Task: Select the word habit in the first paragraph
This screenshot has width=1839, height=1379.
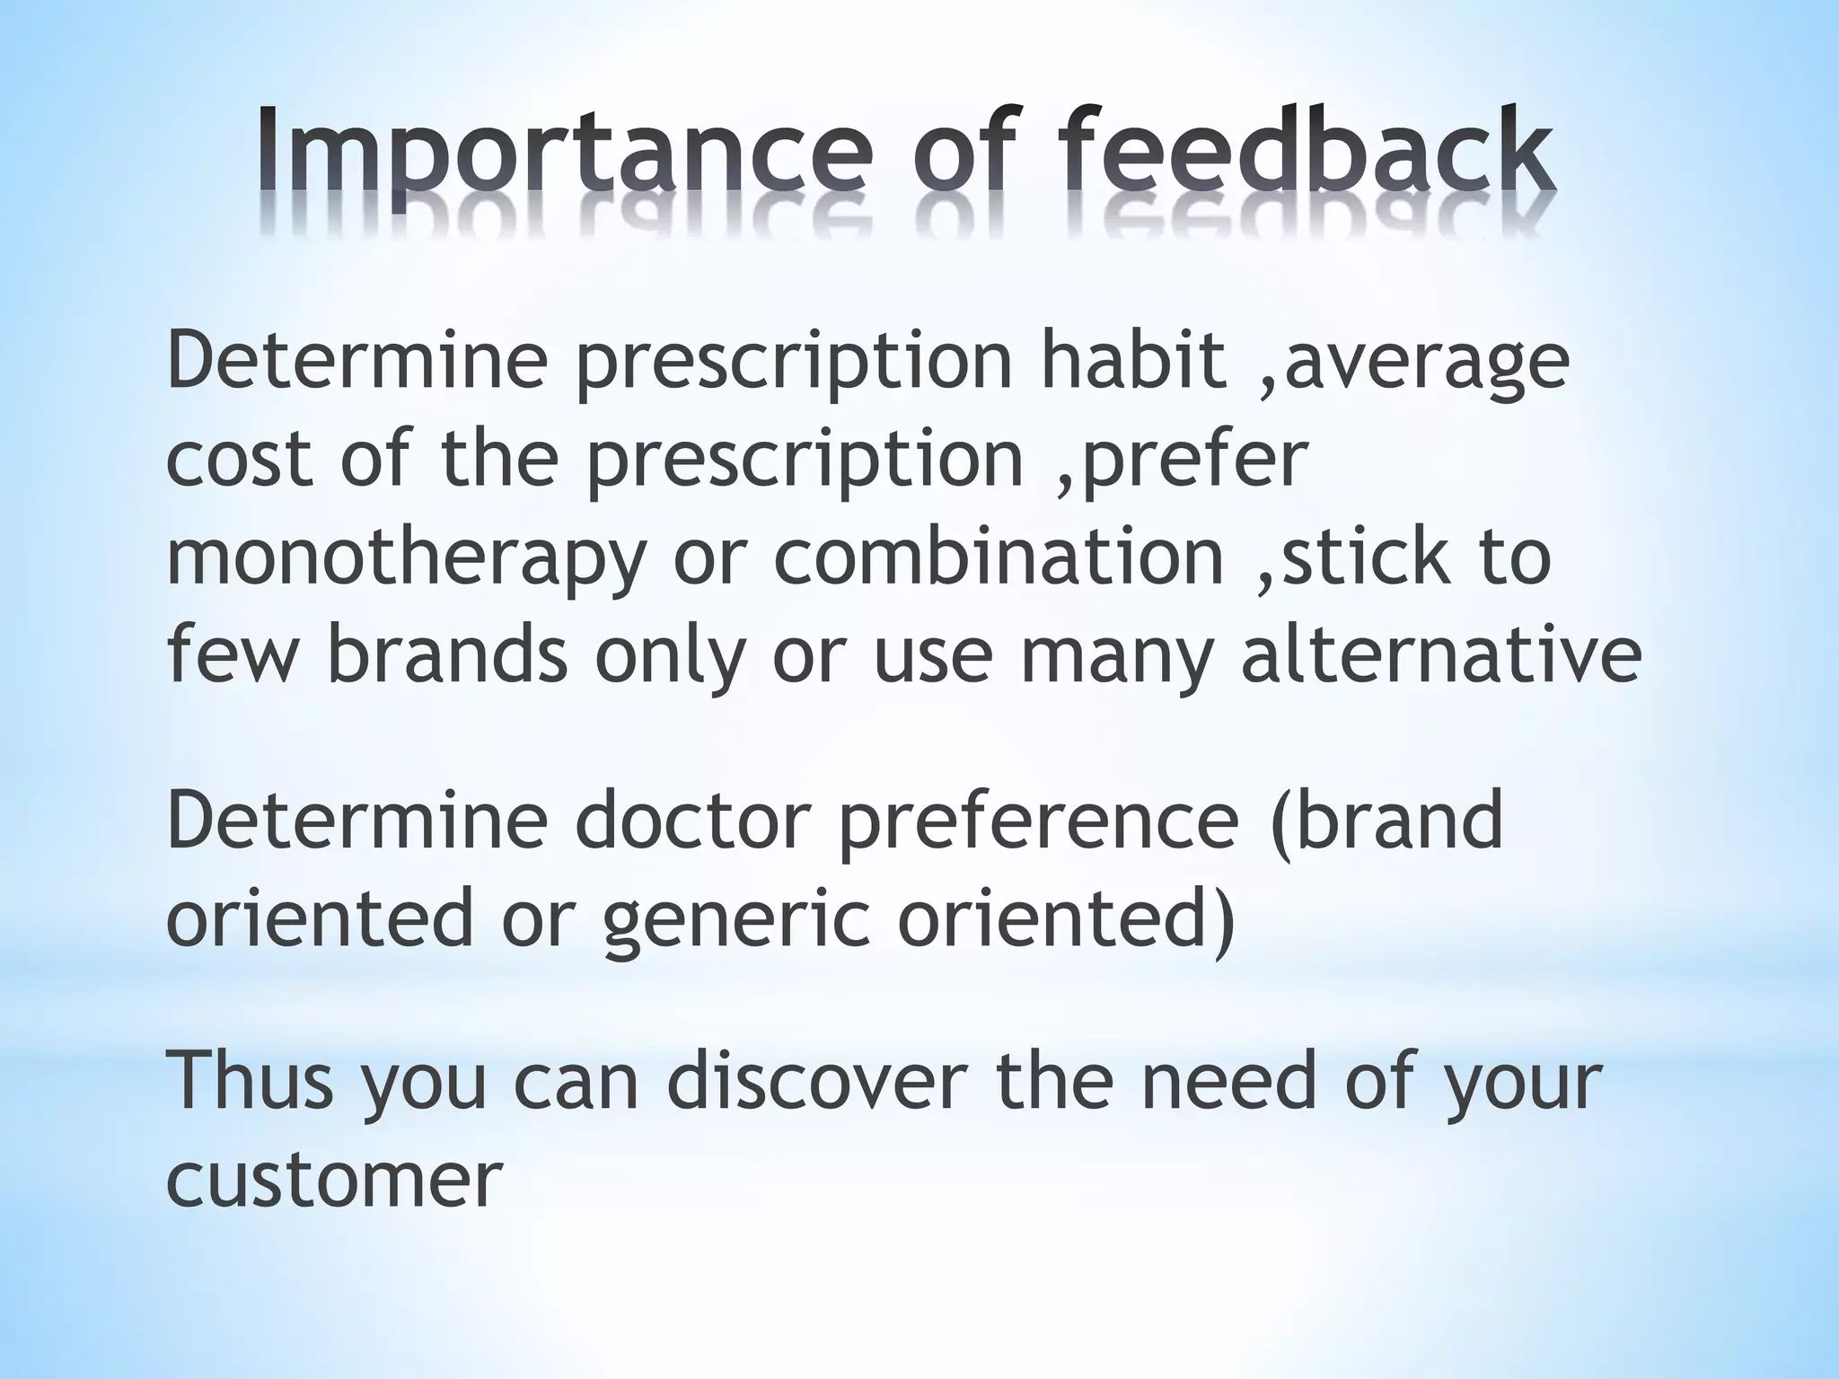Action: pos(1132,362)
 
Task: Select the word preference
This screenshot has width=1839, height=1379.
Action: pos(1038,822)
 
